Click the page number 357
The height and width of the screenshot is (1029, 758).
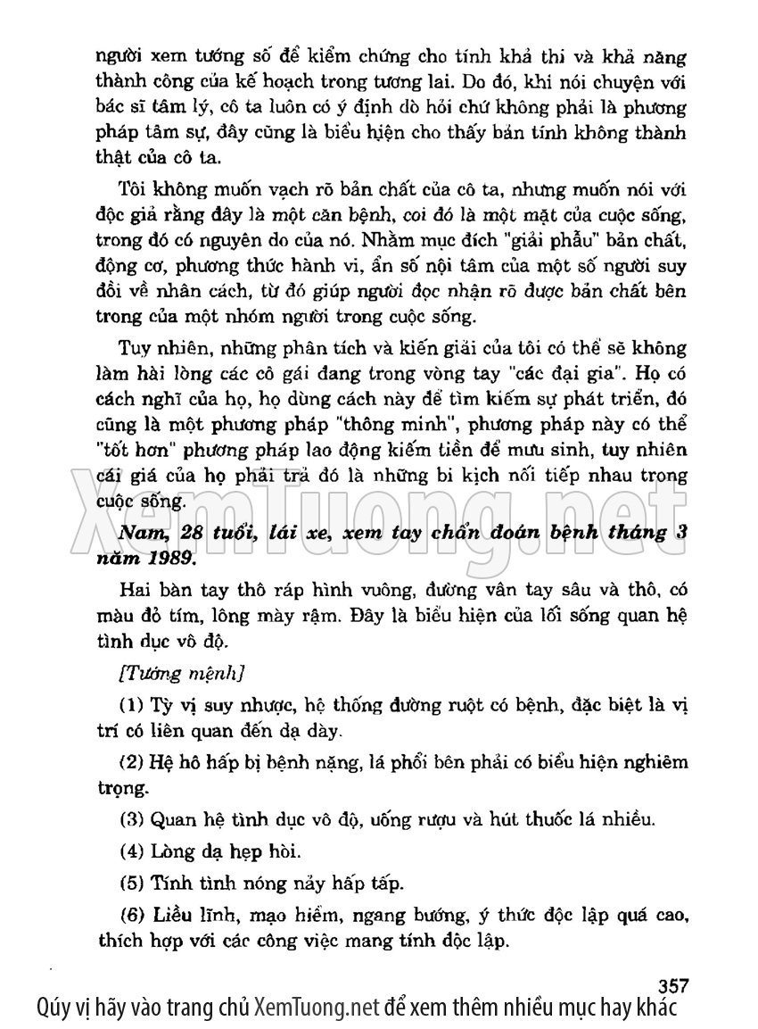click(x=674, y=985)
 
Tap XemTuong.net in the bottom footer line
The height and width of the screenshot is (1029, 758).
click(x=317, y=1009)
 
